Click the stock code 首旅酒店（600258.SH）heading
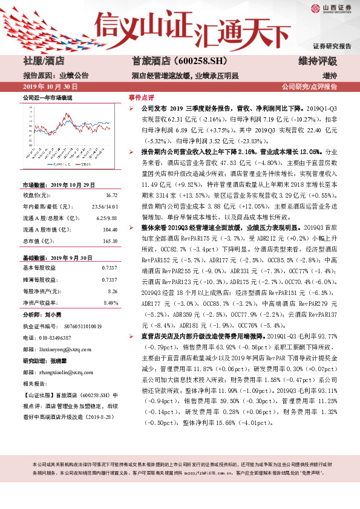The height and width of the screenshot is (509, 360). pos(171,61)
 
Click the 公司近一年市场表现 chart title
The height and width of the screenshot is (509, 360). pos(48,97)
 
